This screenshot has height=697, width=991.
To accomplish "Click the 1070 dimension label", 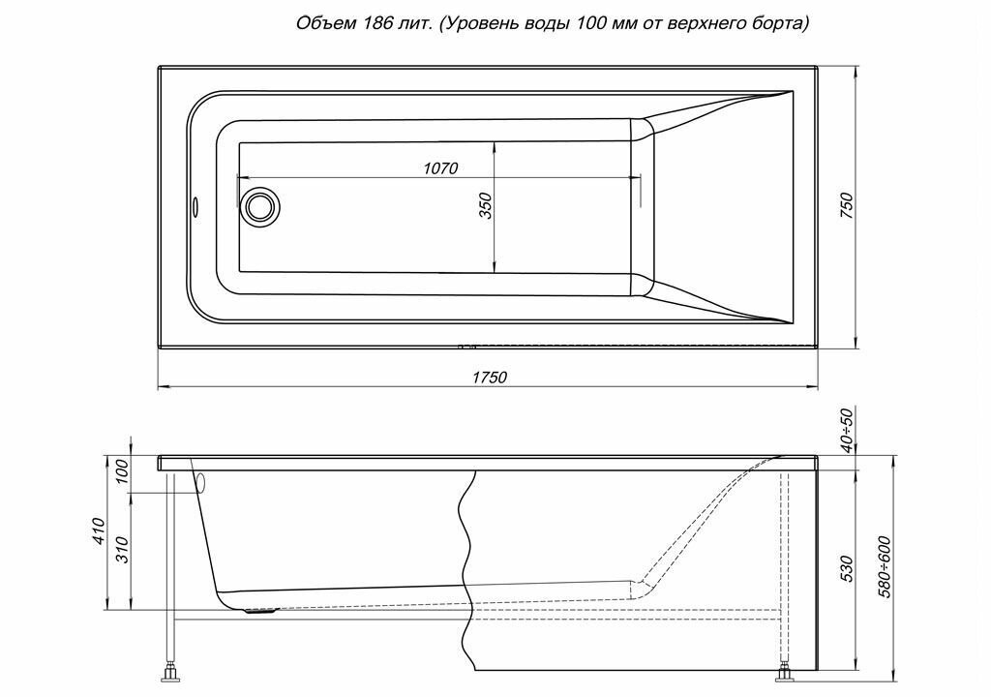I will tap(440, 168).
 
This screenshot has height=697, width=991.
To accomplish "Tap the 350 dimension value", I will tap(486, 206).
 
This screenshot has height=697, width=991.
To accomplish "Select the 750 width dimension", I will tap(845, 206).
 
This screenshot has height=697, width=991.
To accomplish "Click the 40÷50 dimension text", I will tap(847, 430).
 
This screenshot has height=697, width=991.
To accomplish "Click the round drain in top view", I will tap(259, 206).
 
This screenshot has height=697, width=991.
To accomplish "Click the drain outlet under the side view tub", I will tap(259, 610).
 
